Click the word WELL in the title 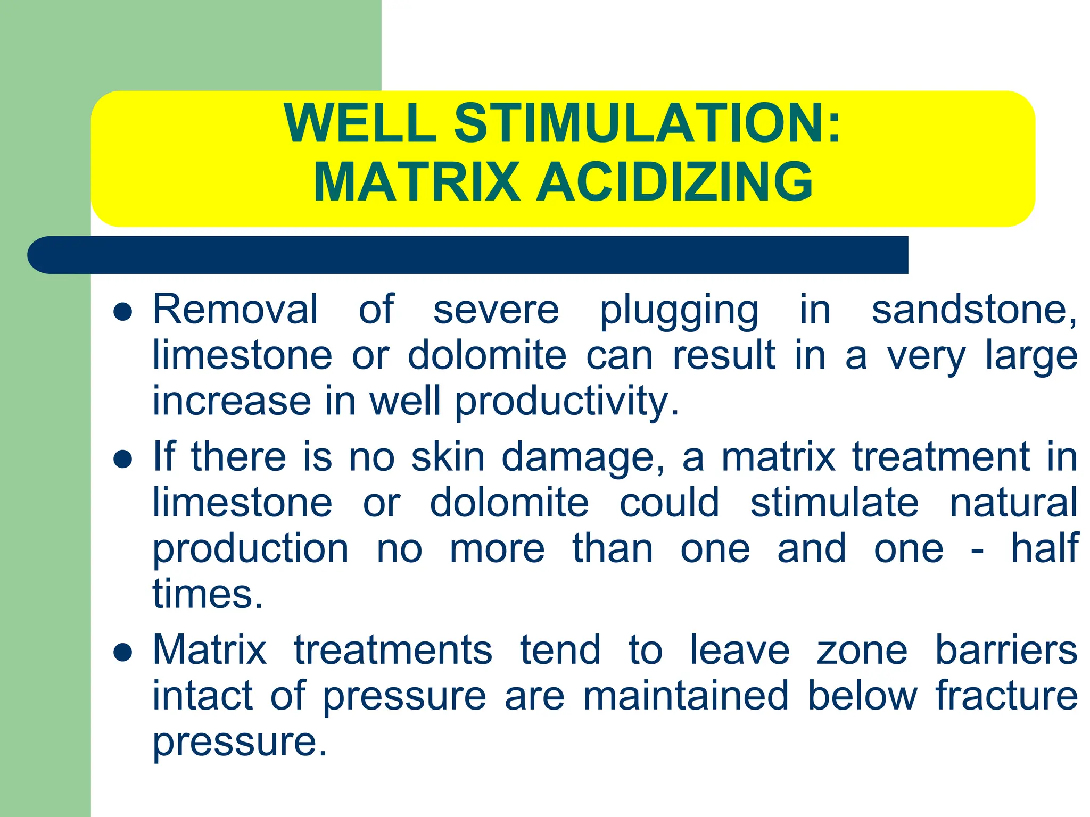pos(360,123)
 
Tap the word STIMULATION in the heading pos(647,123)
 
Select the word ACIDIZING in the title pos(674,182)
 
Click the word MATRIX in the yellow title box pos(417,182)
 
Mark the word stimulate pos(835,503)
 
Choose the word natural pos(1014,503)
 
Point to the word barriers pos(1006,650)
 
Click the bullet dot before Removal pos(123,312)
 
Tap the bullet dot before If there pos(123,459)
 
